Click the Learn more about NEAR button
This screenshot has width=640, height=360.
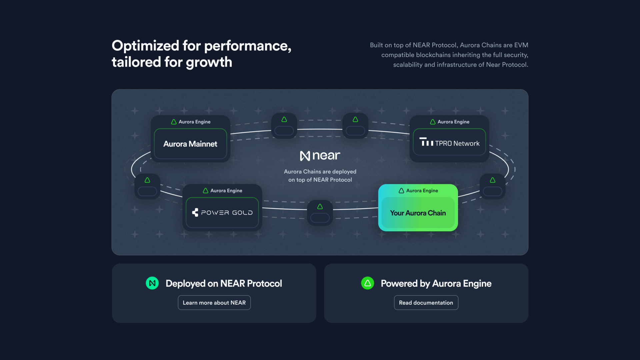point(214,303)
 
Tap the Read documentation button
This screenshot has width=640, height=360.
point(426,303)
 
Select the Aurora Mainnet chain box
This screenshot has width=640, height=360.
point(190,144)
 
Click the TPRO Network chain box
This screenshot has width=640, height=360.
point(449,142)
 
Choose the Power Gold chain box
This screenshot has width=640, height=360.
point(222,213)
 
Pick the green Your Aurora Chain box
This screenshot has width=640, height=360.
point(418,208)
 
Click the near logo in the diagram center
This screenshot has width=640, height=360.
point(320,156)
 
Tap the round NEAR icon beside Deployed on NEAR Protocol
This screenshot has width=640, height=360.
point(152,283)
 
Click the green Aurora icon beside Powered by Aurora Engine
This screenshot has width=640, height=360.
point(368,283)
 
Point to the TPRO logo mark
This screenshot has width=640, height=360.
point(426,142)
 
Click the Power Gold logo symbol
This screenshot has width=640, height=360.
point(195,212)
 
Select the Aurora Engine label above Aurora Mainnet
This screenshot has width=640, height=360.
point(191,122)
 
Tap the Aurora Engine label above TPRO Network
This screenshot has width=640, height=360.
point(450,122)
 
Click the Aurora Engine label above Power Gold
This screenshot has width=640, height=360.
point(223,191)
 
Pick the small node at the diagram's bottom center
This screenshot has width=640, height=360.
point(320,213)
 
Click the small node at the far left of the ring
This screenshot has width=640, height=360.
point(147,186)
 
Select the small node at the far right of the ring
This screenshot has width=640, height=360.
point(493,186)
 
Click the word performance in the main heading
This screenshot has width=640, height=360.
point(248,46)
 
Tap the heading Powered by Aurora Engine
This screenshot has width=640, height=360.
point(436,283)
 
